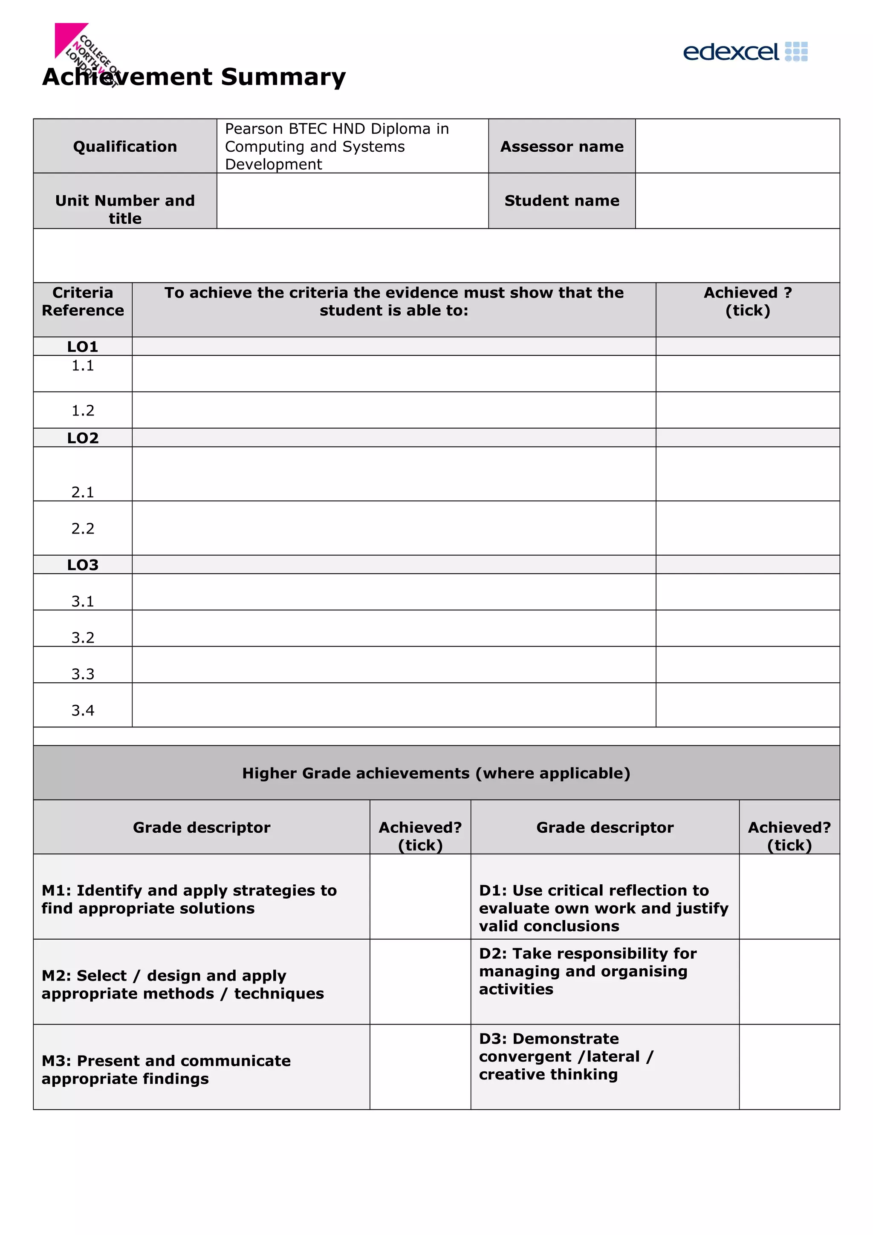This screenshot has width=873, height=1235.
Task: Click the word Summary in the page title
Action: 283,76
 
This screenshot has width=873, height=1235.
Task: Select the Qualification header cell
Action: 125,146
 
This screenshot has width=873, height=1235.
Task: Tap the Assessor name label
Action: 561,146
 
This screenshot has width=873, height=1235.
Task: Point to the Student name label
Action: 561,201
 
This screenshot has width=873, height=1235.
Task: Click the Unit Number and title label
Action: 125,209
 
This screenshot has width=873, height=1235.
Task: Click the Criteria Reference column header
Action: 83,301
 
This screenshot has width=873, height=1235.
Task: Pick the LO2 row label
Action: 83,438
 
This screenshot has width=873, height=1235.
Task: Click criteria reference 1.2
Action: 83,410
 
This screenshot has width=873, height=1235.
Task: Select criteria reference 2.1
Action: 83,492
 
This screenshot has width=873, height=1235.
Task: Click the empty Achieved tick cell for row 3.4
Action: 747,704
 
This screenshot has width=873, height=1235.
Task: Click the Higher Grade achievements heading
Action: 436,773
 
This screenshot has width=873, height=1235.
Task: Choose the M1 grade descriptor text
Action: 189,899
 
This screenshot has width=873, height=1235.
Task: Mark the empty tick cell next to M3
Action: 420,1067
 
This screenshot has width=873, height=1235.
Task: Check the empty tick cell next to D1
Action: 789,897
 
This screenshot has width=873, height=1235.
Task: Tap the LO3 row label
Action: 83,565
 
